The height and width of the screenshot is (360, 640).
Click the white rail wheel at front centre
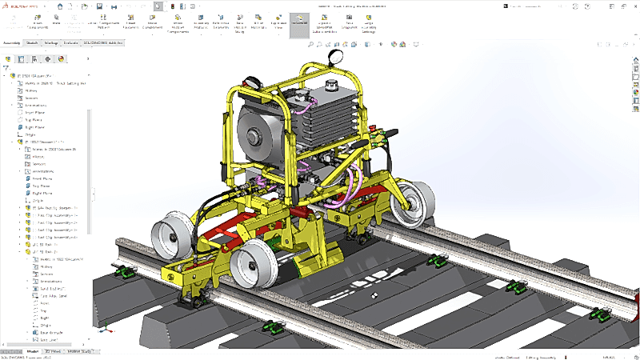pyautogui.click(x=254, y=267)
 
